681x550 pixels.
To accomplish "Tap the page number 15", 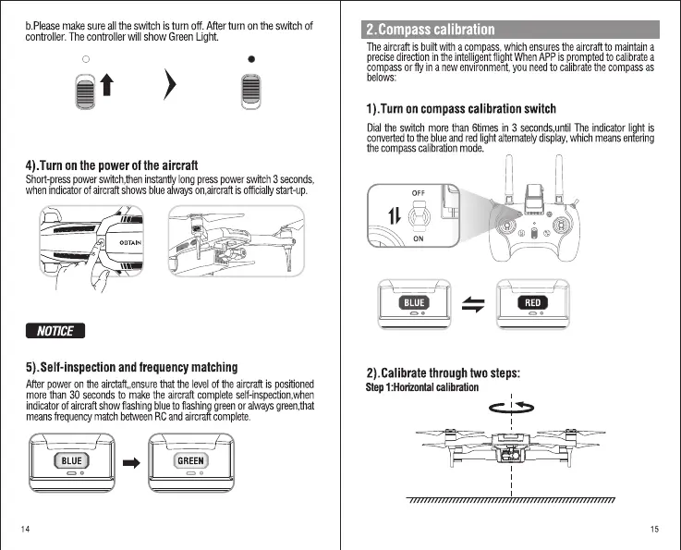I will (654, 529).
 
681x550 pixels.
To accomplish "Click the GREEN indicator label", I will (190, 460).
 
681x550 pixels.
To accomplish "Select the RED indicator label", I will (532, 302).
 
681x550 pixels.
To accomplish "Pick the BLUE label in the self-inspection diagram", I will (71, 460).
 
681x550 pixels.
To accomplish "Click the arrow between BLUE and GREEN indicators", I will (131, 461).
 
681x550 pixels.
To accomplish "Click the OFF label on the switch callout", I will (418, 193).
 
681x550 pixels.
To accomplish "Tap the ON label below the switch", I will (418, 238).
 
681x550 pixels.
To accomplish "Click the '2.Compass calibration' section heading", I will (431, 31).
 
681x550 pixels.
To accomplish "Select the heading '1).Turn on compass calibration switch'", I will (461, 109).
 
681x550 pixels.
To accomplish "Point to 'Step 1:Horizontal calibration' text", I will (422, 386).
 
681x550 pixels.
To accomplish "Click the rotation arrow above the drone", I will (511, 406).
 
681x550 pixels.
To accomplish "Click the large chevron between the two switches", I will (169, 89).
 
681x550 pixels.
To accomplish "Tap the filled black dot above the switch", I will (251, 58).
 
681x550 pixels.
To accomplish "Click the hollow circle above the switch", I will (85, 58).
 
